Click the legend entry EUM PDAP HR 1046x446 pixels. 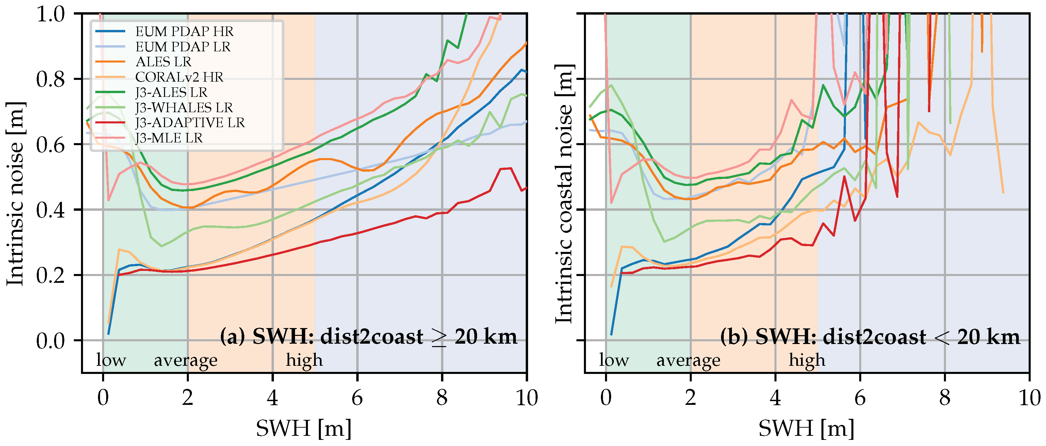[x=184, y=31]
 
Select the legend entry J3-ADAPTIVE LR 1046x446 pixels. [x=190, y=123]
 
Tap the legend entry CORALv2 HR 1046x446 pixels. [x=179, y=77]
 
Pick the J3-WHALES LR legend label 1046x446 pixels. [x=184, y=107]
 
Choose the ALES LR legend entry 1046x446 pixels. [x=163, y=62]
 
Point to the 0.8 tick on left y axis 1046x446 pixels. [x=50, y=79]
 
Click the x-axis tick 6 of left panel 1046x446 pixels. [x=357, y=398]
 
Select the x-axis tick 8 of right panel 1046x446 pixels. [x=945, y=398]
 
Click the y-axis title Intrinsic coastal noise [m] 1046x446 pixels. [x=565, y=194]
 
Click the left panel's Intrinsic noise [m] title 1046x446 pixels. [x=15, y=194]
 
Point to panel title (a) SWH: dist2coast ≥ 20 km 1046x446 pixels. [x=368, y=337]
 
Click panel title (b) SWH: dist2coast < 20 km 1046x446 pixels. [x=870, y=337]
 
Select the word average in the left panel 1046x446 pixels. [x=185, y=360]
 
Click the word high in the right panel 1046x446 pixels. [x=807, y=360]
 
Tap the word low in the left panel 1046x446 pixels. [x=111, y=360]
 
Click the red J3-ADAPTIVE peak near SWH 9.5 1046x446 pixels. [x=506, y=168]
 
